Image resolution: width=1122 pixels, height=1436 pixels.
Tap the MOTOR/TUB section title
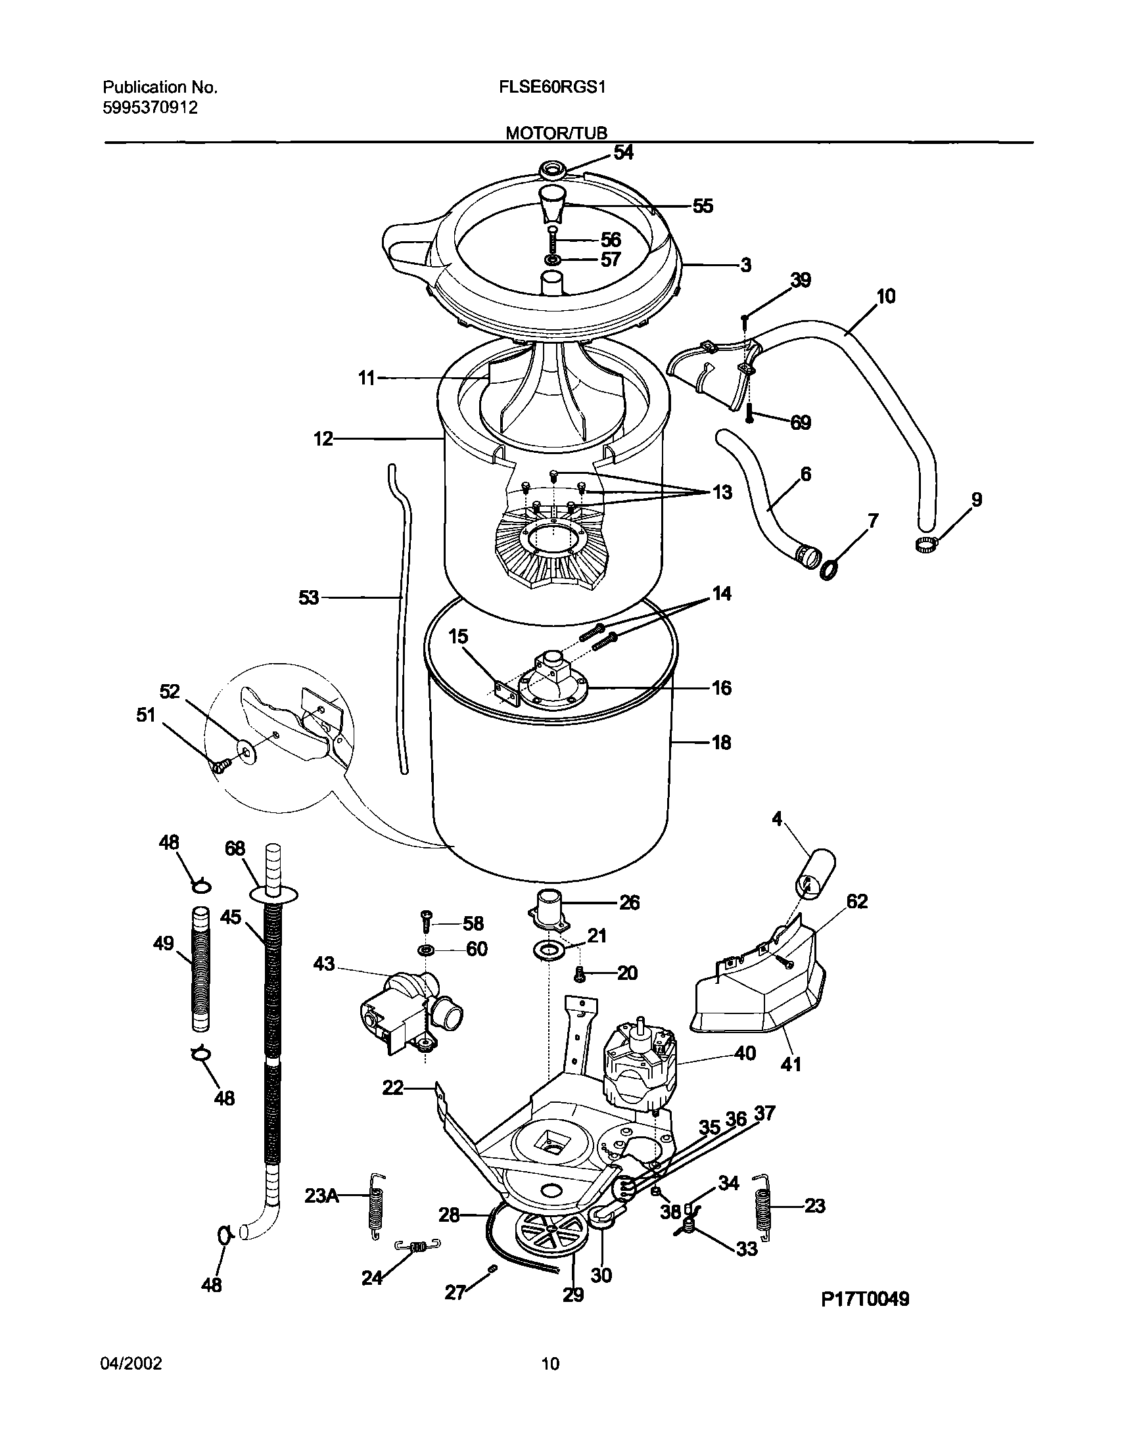(556, 133)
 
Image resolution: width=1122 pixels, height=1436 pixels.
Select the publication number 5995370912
(151, 108)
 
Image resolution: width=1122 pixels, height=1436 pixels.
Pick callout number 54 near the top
(623, 152)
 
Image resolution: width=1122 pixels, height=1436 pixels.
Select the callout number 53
(308, 597)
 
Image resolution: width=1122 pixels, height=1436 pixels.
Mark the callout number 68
(235, 848)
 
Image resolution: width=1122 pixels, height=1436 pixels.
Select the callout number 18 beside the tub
(722, 743)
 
